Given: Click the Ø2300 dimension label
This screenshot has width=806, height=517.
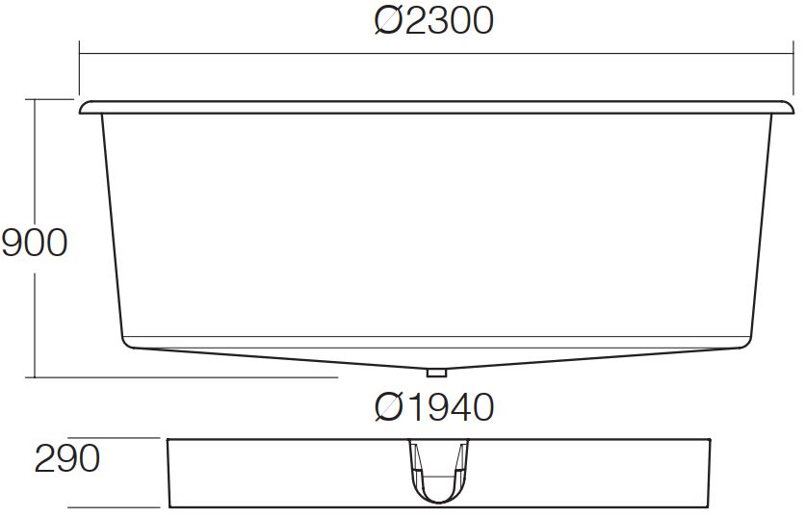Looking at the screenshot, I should coord(433,20).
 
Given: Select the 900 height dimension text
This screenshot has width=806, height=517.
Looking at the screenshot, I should coord(35,243).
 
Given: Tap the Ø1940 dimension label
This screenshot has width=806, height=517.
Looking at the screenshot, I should coord(433,407).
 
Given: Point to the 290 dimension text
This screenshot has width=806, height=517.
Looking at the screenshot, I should coord(67,459).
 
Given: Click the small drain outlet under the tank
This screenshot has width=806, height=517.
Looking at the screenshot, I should coord(435,371).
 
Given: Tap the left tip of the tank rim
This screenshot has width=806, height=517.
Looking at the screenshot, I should coord(82,108).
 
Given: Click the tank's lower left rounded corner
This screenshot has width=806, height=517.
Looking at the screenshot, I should coord(126,341).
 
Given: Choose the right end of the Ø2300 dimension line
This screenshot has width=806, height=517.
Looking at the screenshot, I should coord(793,53).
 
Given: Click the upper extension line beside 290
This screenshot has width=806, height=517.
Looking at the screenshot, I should coord(116,438).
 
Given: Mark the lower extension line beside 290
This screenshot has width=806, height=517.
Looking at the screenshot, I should coord(116,507).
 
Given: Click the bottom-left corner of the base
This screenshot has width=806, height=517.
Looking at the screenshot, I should coord(169,506).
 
